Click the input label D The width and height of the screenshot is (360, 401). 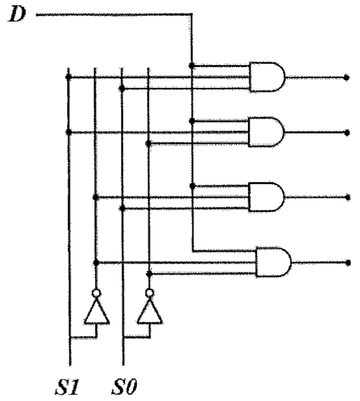point(17,14)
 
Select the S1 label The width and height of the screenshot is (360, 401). point(68,387)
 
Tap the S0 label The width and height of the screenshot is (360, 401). point(125,387)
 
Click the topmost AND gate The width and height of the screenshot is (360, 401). point(267,77)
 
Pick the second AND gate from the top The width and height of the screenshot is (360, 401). point(266,132)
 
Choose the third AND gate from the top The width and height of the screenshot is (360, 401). point(266,197)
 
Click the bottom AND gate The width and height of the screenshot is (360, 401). point(274,262)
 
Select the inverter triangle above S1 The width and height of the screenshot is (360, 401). point(97,311)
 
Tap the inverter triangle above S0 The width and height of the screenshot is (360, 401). point(150,311)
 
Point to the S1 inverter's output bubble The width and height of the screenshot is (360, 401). point(96,293)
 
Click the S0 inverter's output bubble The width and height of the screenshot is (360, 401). point(149,293)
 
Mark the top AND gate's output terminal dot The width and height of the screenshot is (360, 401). point(346,77)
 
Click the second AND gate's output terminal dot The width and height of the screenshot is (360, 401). point(347,133)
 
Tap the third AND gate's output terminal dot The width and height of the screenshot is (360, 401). point(348,198)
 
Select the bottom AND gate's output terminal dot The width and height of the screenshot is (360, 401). point(348,263)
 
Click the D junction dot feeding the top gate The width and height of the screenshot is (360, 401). point(191,66)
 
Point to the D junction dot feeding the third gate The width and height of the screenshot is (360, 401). point(192,186)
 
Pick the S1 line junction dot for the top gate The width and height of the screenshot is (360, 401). point(68,77)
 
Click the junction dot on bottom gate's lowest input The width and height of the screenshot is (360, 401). point(149,274)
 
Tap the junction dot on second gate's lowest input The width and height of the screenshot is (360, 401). point(149,144)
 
